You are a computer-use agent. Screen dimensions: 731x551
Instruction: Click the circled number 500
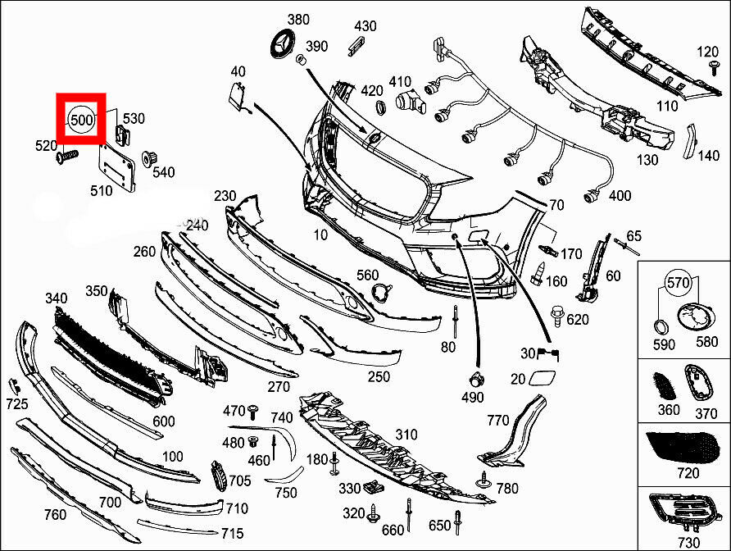(x=81, y=120)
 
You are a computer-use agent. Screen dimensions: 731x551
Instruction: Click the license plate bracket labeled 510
(x=117, y=166)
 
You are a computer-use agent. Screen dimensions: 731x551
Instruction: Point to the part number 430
(x=365, y=26)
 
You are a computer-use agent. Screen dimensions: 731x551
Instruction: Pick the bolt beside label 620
(x=556, y=316)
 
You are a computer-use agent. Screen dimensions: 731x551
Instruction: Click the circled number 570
(x=678, y=283)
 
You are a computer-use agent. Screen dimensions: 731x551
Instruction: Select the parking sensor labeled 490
(x=475, y=380)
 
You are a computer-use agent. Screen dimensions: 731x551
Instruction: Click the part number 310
(x=406, y=435)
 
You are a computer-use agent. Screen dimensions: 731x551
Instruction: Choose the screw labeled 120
(x=713, y=67)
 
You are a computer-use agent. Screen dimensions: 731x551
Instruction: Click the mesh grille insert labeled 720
(x=683, y=447)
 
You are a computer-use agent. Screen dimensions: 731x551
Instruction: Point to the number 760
(x=55, y=514)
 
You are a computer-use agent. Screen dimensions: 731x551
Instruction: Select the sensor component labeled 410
(x=411, y=103)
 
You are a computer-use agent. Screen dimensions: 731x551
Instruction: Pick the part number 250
(x=379, y=376)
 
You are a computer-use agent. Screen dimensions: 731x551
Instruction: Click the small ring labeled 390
(x=301, y=59)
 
